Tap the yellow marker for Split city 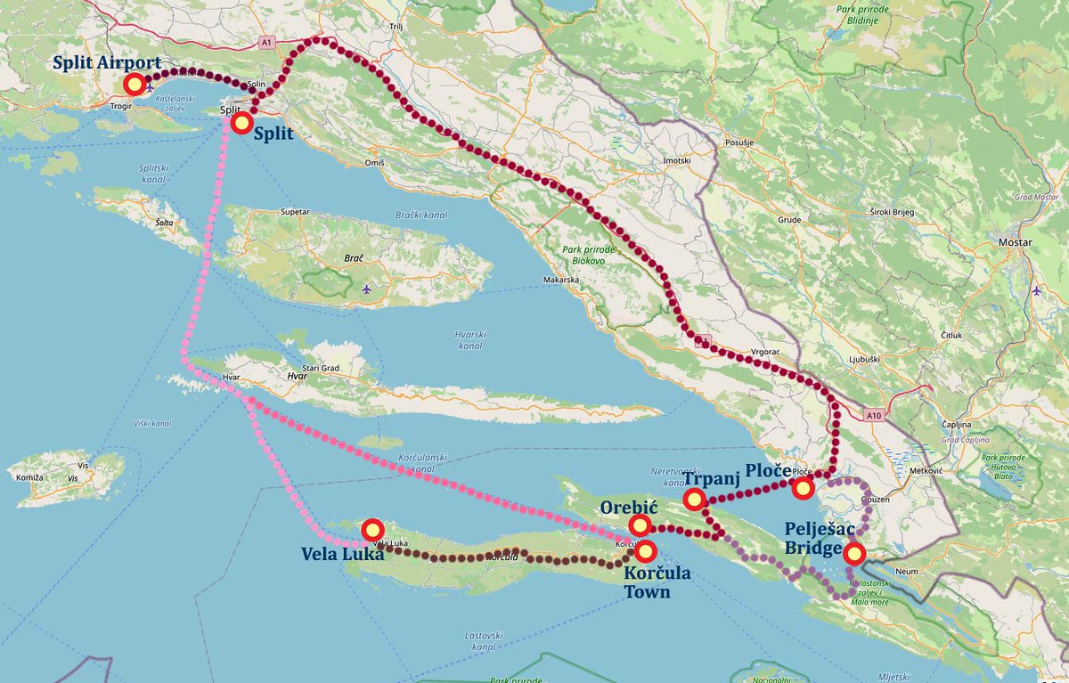coord(241,122)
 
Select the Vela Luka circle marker coord(372,530)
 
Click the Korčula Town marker coord(645,550)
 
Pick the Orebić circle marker coord(639,525)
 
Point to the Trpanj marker coord(694,500)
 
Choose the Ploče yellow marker coord(803,487)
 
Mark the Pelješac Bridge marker coord(853,554)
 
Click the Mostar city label coord(1016,242)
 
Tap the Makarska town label coord(561,280)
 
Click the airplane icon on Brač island coord(367,289)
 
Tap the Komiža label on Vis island coord(29,477)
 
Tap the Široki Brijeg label coord(893,215)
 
